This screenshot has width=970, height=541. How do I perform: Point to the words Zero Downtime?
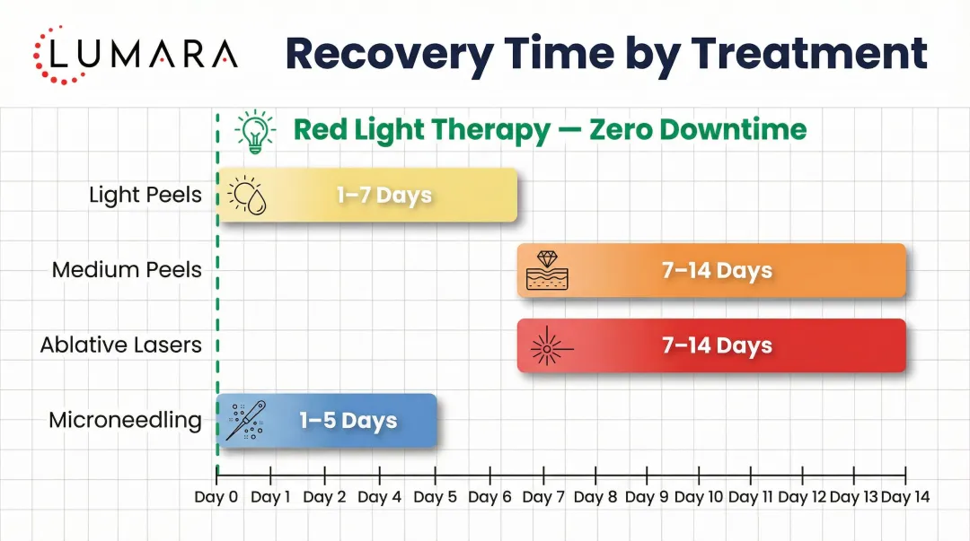pos(698,130)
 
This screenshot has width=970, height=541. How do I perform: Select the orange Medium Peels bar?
pos(711,270)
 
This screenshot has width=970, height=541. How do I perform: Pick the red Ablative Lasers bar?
pos(711,345)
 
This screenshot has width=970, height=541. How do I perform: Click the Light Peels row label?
pos(145,195)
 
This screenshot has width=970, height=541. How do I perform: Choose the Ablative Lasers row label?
pos(121,345)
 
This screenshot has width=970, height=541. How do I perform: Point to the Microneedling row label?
pos(125,420)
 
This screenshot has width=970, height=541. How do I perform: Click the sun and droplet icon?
pos(246,196)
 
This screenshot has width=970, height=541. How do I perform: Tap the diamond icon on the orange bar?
pos(547,270)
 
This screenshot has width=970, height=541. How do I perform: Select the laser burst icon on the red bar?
pos(545,346)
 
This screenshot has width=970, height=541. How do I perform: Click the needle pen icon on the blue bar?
pos(244,421)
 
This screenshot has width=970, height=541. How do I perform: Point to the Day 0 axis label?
pos(216,497)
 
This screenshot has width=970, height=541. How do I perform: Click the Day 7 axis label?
pos(542,497)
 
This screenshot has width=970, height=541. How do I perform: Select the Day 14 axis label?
pos(905,497)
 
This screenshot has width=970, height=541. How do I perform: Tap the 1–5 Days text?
pos(348,421)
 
